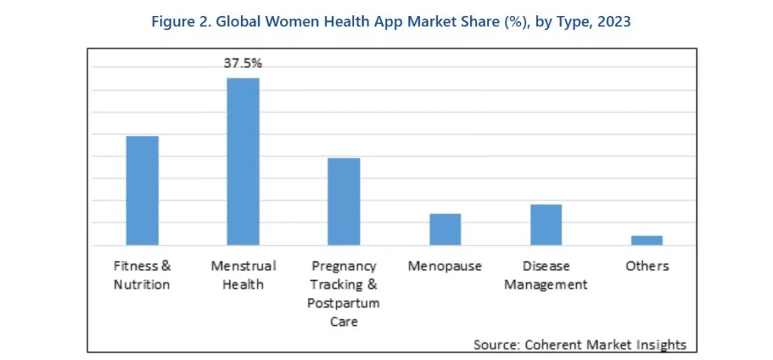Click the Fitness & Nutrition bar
(142, 190)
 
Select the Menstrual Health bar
(243, 162)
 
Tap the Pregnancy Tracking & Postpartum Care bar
(343, 202)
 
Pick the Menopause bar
(445, 229)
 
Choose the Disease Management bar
(546, 225)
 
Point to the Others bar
(647, 240)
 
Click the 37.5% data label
(242, 63)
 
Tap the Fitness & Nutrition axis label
(142, 275)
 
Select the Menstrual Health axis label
(243, 275)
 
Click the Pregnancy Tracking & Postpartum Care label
(343, 294)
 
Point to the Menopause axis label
(445, 266)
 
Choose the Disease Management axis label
(546, 275)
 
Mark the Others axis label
(647, 266)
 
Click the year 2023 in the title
(613, 22)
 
